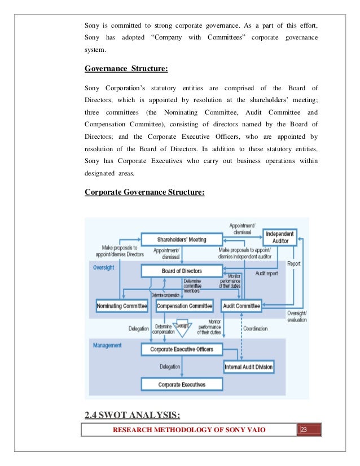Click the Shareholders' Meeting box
182,240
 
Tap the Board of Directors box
182,271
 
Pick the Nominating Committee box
122,306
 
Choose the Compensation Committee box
185,306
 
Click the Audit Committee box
241,306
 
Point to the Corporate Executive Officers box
182,350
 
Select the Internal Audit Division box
249,367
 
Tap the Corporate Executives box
182,385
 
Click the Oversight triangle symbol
182,327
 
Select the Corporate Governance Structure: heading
144,192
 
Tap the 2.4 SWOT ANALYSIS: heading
132,417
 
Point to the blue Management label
108,345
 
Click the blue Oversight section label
103,267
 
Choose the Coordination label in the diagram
255,328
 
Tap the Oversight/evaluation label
297,317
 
